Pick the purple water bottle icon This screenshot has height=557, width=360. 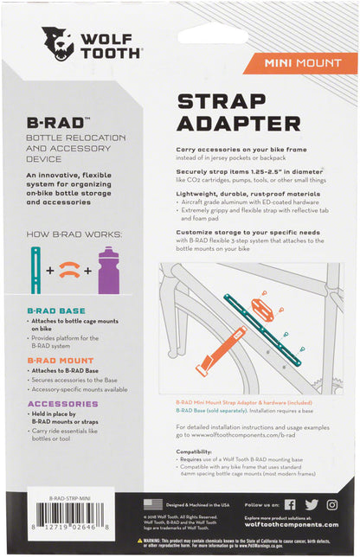(x=108, y=270)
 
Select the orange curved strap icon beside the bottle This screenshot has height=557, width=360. (x=71, y=271)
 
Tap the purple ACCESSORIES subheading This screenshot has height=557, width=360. (x=62, y=403)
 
